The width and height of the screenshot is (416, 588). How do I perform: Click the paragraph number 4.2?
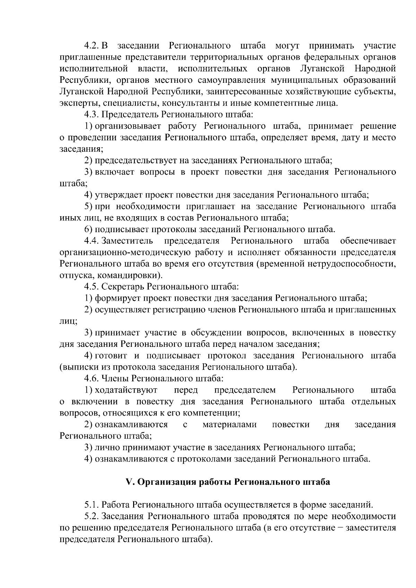[x=92, y=46]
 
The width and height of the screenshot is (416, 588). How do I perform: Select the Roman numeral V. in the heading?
[x=130, y=482]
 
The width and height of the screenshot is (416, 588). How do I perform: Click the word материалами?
[x=229, y=424]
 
